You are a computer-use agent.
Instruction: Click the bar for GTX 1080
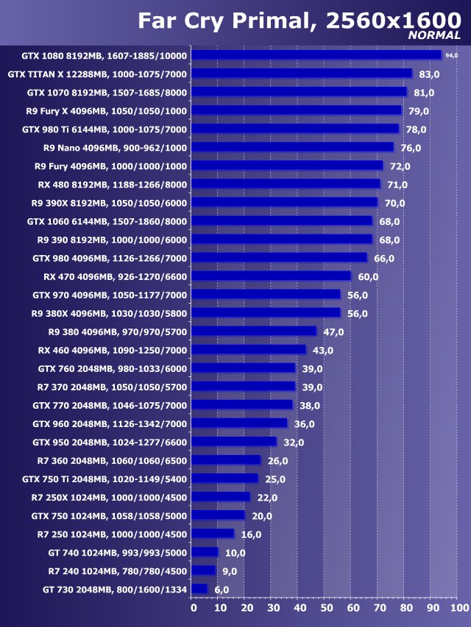click(x=316, y=55)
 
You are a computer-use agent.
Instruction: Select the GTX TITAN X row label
click(x=97, y=74)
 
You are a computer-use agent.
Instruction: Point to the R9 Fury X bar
click(x=297, y=111)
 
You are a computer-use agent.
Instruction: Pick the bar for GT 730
click(x=200, y=589)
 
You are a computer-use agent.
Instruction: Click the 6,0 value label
click(x=222, y=590)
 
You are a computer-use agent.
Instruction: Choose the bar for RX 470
click(x=272, y=276)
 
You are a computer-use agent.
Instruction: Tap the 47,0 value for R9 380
click(x=333, y=332)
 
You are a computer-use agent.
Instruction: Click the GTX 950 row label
click(x=110, y=442)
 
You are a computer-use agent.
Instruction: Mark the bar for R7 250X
click(x=222, y=497)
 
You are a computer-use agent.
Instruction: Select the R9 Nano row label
click(x=116, y=148)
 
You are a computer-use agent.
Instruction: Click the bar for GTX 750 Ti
click(x=226, y=479)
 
